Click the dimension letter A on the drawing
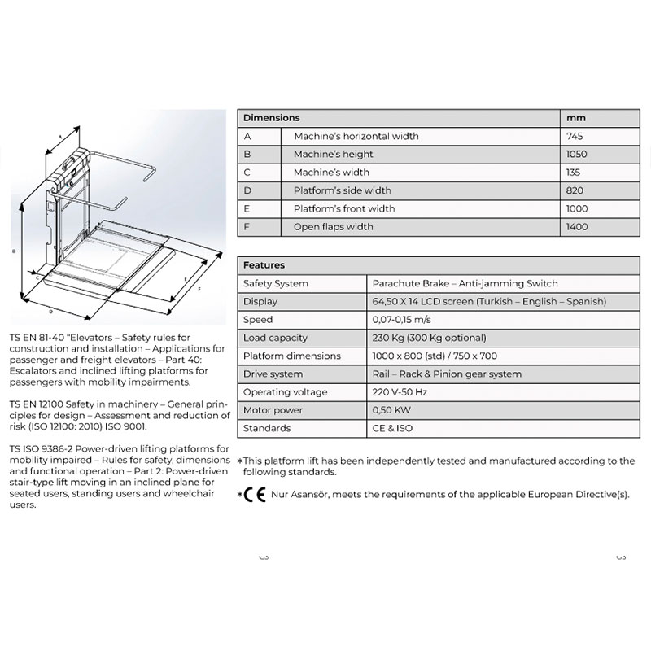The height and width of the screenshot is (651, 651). (x=50, y=142)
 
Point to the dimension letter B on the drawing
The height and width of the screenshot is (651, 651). (x=14, y=252)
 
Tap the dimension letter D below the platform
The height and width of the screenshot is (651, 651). (x=51, y=311)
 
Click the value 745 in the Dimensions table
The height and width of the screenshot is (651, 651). (x=574, y=136)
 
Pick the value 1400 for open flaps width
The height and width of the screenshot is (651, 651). (x=576, y=227)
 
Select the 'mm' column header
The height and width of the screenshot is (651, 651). (x=575, y=118)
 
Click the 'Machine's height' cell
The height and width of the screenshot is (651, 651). (x=334, y=154)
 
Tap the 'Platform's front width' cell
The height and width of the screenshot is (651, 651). (x=344, y=209)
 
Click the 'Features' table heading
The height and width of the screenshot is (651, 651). (x=264, y=265)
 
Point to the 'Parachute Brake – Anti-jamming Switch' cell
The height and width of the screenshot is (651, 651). (x=465, y=283)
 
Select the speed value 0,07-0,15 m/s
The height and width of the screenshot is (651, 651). (x=404, y=320)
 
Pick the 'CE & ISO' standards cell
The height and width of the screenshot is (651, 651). (x=391, y=428)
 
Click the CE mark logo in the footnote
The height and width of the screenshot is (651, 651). (x=256, y=494)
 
